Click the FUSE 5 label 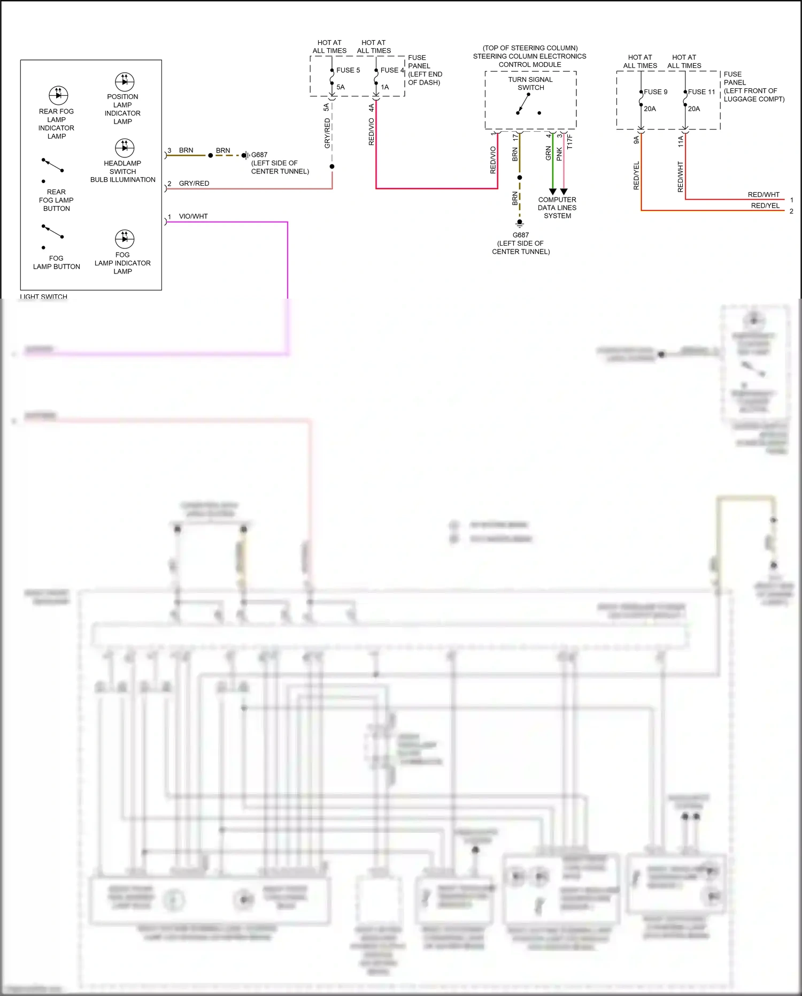[x=348, y=70]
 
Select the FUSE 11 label [x=701, y=92]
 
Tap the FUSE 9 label [x=656, y=92]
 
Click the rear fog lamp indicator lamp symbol [x=58, y=95]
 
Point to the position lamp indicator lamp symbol [x=125, y=81]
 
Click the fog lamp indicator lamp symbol [x=125, y=239]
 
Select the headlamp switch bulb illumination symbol [x=125, y=148]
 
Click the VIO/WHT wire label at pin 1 [x=193, y=216]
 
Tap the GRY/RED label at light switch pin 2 [x=194, y=184]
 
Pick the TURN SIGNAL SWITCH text [x=530, y=83]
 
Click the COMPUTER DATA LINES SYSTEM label [x=557, y=208]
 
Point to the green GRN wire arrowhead [x=553, y=192]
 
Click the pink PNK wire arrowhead [x=564, y=192]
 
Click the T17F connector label [x=570, y=142]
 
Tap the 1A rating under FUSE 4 [x=384, y=87]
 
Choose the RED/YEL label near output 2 [x=765, y=206]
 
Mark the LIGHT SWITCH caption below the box [x=44, y=296]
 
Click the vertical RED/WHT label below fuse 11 [x=680, y=177]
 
